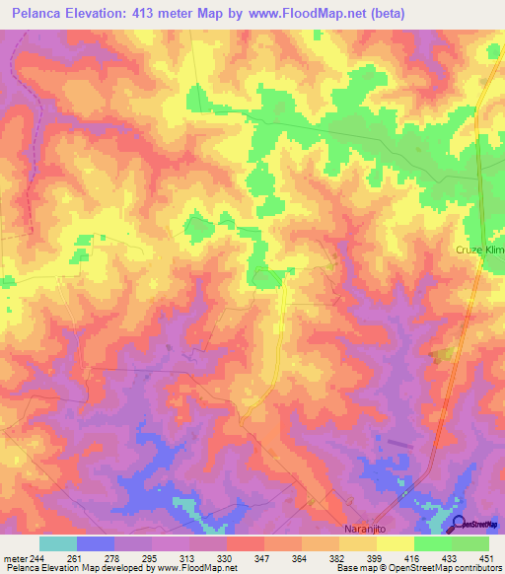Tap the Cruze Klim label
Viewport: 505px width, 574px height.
point(479,251)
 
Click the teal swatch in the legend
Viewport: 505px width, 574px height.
point(58,543)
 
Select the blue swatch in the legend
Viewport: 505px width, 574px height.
point(96,543)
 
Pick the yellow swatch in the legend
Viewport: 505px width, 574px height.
point(396,543)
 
